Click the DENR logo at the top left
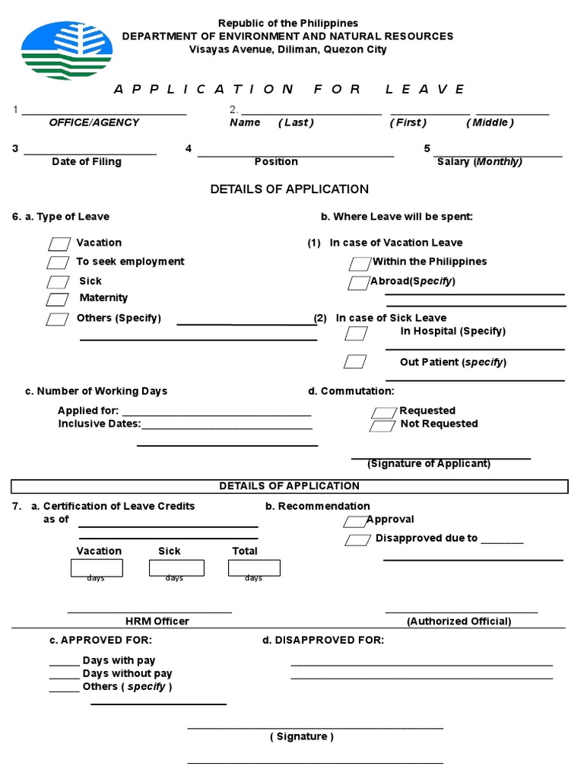click(67, 50)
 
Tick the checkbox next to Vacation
click(59, 244)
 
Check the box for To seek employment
click(58, 262)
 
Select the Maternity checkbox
click(58, 300)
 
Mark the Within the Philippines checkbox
click(360, 264)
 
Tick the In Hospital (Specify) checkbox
click(355, 333)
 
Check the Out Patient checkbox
click(354, 361)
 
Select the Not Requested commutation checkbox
click(382, 426)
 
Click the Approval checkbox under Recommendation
click(355, 522)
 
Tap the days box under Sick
click(176, 568)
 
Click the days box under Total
click(254, 568)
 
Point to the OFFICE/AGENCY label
click(94, 122)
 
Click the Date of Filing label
click(87, 161)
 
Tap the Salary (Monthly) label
click(480, 161)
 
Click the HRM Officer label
click(157, 621)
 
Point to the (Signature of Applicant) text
click(429, 463)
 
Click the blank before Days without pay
click(65, 674)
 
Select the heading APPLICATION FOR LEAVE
click(289, 89)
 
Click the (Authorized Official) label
click(459, 621)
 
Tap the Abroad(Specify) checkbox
click(359, 283)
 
